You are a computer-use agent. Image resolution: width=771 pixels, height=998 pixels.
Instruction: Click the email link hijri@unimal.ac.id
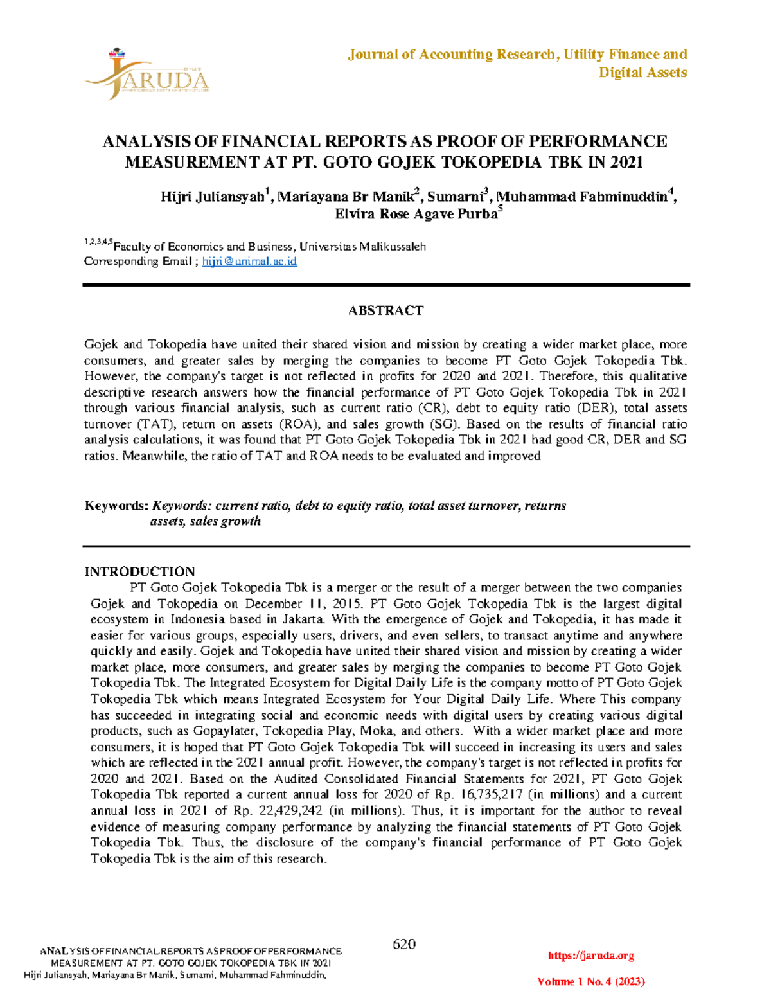pos(249,262)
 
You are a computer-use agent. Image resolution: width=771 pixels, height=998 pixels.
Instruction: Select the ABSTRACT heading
pos(385,310)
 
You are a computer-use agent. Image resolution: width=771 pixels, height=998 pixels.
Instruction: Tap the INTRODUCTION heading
pos(139,571)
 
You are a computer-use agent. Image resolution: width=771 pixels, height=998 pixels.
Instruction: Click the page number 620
pos(403,944)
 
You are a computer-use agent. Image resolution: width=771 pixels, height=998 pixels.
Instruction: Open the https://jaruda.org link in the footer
pos(591,956)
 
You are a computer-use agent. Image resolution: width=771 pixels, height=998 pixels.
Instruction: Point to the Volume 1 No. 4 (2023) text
pos(591,982)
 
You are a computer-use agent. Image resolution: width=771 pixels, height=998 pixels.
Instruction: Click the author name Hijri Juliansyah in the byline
pos(213,197)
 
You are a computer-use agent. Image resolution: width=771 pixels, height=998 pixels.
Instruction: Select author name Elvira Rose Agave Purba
pos(416,215)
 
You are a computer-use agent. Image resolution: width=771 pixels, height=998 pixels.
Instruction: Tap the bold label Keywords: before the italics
pos(116,506)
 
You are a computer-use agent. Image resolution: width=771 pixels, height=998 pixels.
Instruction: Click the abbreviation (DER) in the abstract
pos(599,408)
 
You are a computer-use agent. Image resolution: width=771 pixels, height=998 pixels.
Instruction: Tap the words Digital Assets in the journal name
pos(642,73)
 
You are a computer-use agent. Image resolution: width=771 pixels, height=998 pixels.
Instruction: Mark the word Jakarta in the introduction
pos(303,619)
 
